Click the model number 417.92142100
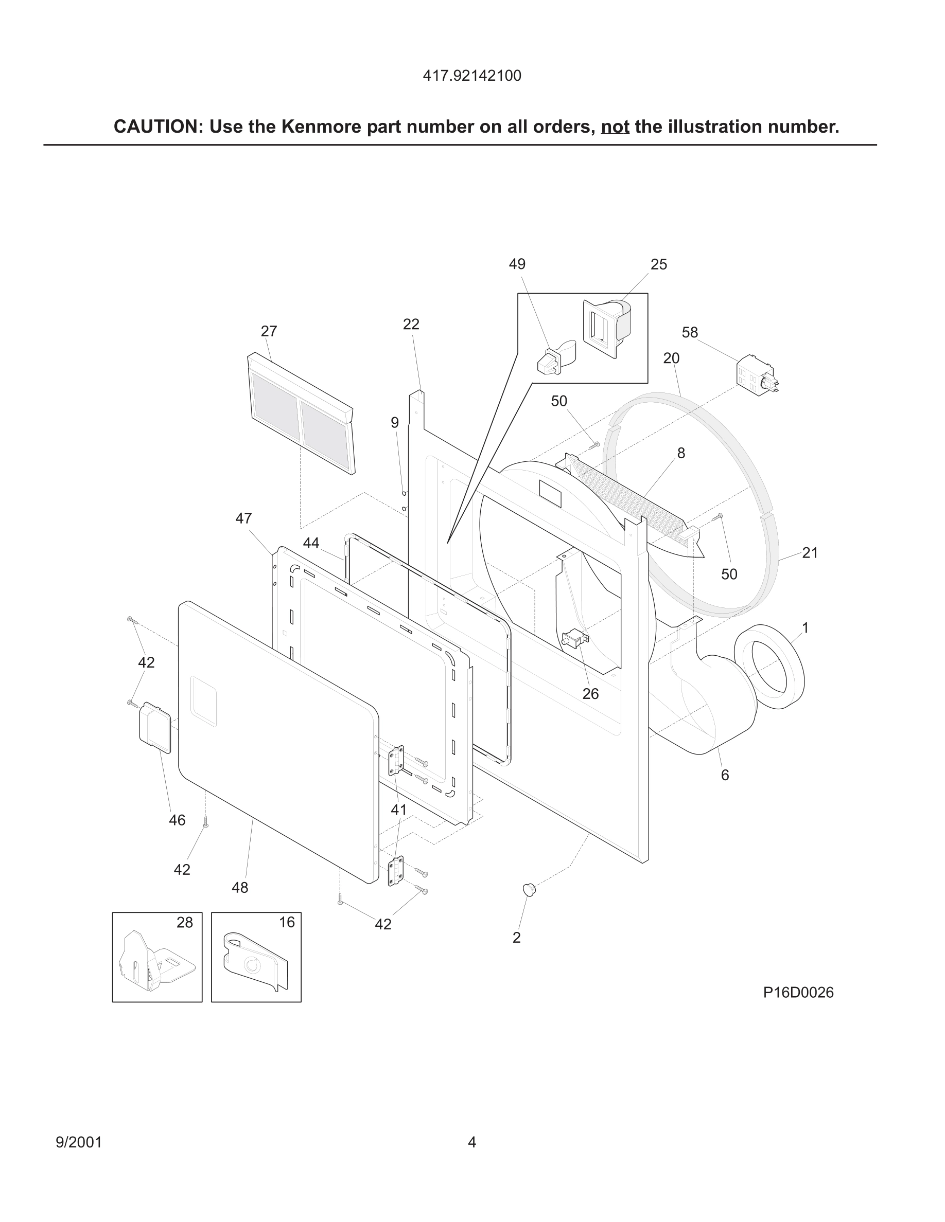(472, 76)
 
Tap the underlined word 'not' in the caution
(615, 127)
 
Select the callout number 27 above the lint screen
(269, 331)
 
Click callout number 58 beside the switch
(690, 332)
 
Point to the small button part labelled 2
(529, 889)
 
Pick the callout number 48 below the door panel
(240, 887)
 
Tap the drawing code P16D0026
(798, 992)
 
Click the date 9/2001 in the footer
(79, 1142)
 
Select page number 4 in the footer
(472, 1142)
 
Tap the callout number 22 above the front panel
(411, 324)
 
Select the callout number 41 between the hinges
(398, 810)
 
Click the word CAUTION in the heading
(155, 127)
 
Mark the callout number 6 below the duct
(724, 775)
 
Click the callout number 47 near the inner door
(243, 518)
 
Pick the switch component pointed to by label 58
(756, 375)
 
